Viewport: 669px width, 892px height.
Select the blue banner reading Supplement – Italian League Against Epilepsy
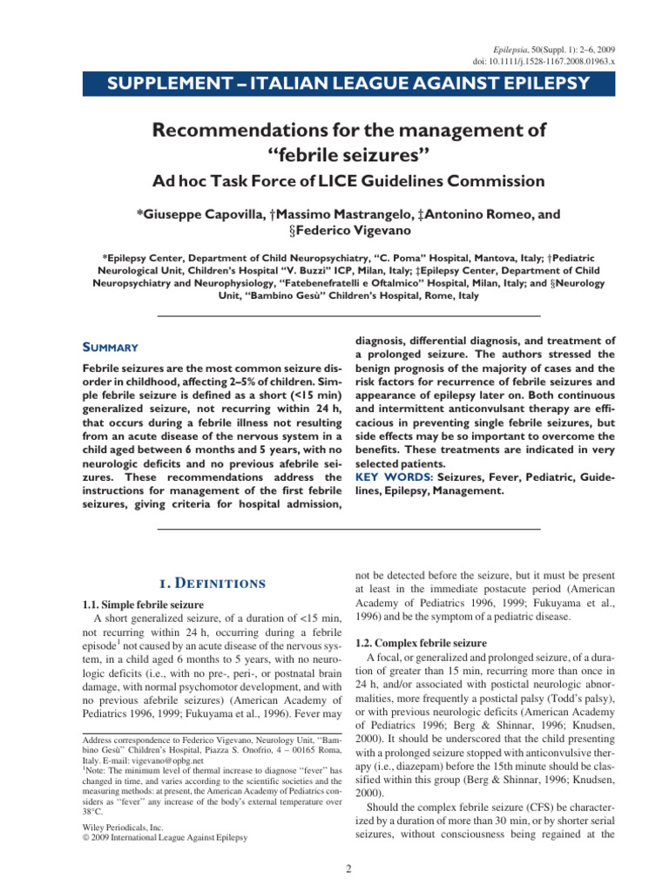(334, 84)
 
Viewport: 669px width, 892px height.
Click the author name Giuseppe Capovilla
(206, 214)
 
